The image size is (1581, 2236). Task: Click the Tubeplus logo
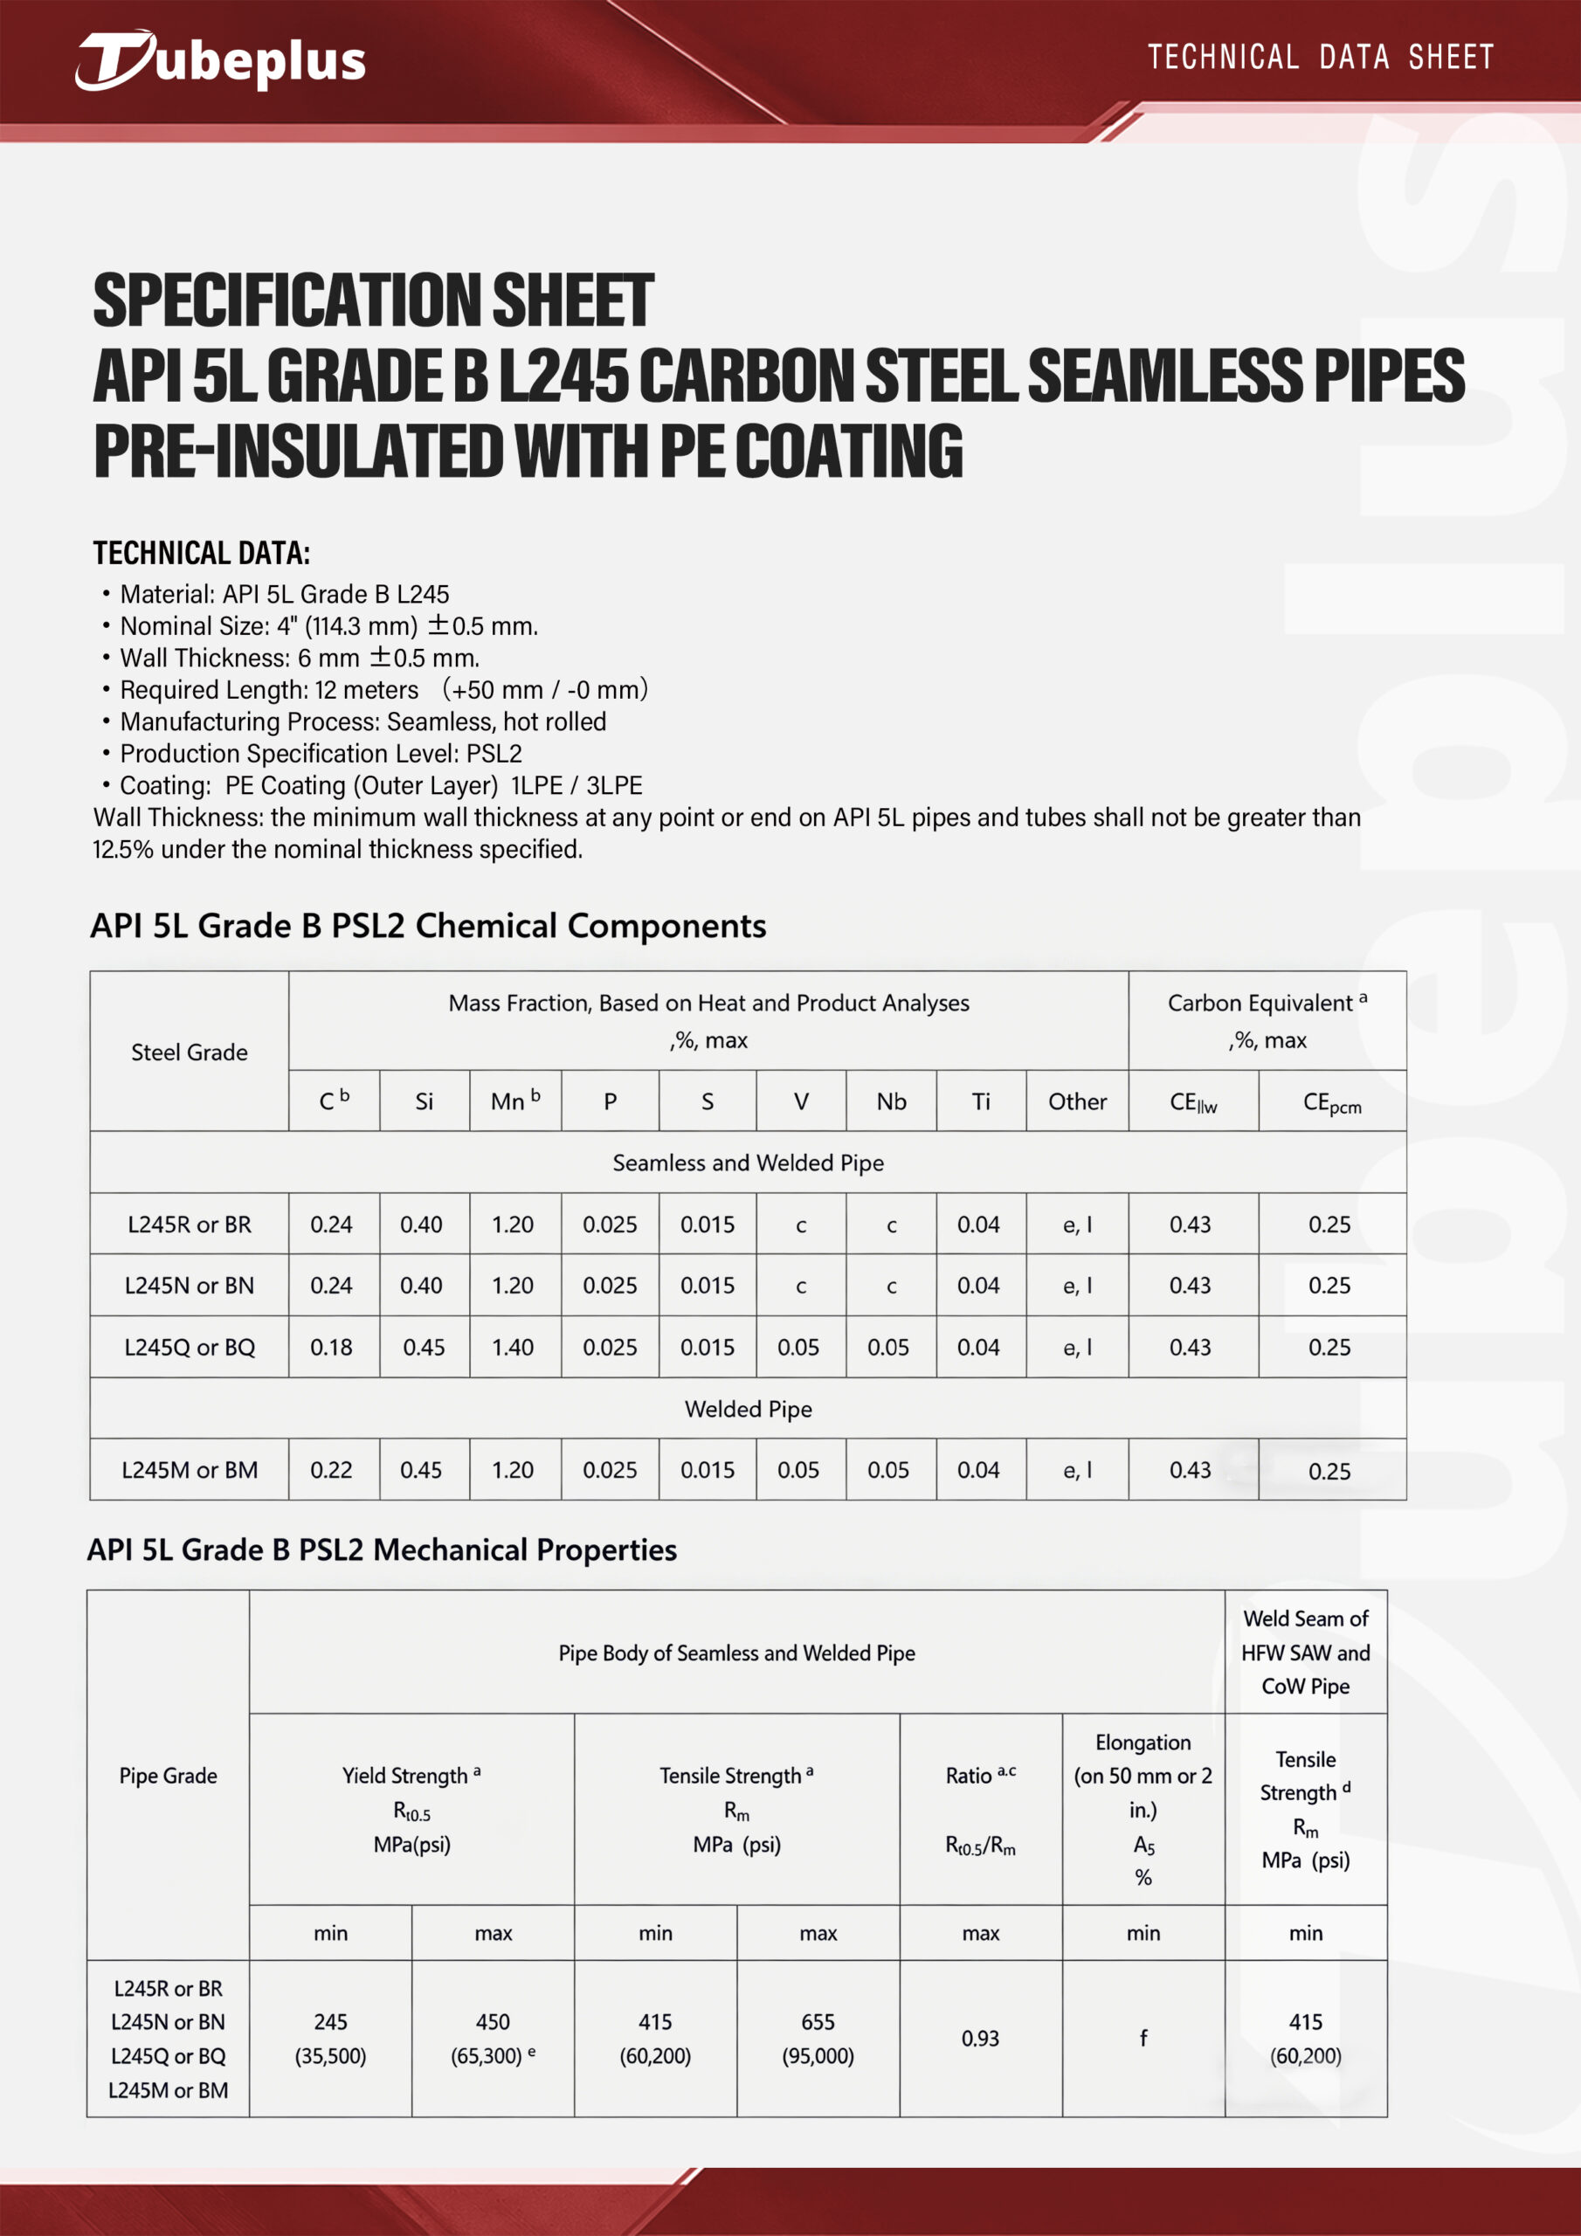(x=220, y=60)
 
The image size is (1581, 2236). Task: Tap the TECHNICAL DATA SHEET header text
(x=1320, y=58)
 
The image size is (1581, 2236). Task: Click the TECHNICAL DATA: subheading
(x=202, y=553)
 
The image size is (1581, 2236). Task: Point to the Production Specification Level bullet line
(x=321, y=753)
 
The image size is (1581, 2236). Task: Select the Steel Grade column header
(x=189, y=1052)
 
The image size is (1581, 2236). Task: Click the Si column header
(x=424, y=1101)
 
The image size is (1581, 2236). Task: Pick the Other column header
(x=1076, y=1101)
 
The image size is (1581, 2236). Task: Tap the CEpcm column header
(x=1332, y=1102)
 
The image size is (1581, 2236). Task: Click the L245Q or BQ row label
(x=189, y=1347)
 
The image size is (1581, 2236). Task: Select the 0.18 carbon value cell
(x=331, y=1347)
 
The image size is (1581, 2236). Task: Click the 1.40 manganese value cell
(x=513, y=1347)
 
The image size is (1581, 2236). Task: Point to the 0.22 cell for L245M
(x=331, y=1470)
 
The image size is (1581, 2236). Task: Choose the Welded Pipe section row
(x=748, y=1408)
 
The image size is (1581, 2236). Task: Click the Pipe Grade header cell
(x=168, y=1776)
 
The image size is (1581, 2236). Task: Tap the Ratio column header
(x=980, y=1777)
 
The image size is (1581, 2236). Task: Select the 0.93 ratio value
(x=980, y=2039)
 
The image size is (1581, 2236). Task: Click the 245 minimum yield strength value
(x=330, y=2022)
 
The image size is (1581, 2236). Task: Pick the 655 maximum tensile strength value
(x=818, y=2022)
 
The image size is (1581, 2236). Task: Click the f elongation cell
(x=1143, y=2038)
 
